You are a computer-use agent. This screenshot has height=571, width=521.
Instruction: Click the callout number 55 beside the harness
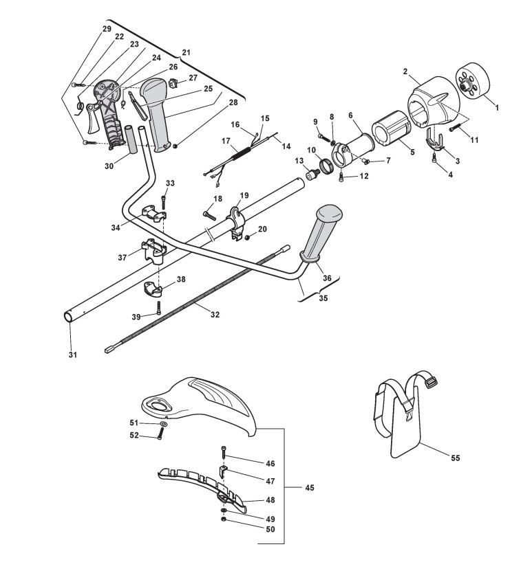[x=456, y=458]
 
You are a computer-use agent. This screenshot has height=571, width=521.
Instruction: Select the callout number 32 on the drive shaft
[x=215, y=314]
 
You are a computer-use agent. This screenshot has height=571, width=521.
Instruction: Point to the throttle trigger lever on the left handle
[x=93, y=117]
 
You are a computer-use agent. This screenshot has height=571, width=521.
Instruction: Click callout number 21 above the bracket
[x=186, y=52]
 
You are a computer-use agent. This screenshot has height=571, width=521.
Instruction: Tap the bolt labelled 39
[x=159, y=308]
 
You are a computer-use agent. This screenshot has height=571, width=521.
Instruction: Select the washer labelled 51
[x=163, y=424]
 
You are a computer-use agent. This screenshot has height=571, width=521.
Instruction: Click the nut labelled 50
[x=223, y=529]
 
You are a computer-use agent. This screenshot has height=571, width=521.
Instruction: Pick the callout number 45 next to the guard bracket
[x=309, y=488]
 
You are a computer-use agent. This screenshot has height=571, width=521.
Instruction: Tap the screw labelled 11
[x=456, y=128]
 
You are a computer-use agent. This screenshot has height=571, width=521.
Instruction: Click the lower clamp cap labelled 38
[x=153, y=289]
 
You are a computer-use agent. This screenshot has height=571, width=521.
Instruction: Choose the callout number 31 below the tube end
[x=72, y=354]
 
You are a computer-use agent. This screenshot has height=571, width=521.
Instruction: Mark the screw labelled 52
[x=160, y=434]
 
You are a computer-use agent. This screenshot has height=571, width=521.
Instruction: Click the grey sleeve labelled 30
[x=131, y=140]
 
